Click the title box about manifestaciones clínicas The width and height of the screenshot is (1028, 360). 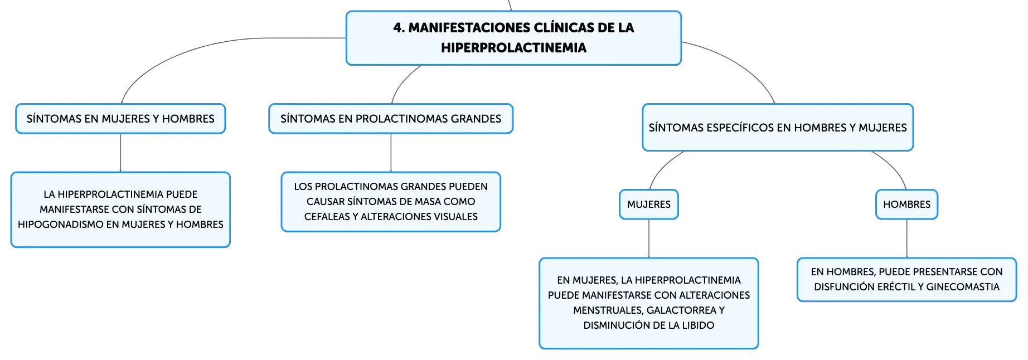[x=513, y=38]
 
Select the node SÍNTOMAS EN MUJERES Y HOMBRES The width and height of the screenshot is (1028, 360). [x=120, y=119]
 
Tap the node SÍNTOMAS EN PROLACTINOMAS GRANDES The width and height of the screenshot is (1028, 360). [x=391, y=119]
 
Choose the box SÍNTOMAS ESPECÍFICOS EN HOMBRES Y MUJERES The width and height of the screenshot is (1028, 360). [x=778, y=128]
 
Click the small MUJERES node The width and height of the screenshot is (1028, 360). [x=649, y=205]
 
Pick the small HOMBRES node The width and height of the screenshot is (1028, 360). [x=907, y=205]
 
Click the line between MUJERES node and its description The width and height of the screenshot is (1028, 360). [x=649, y=239]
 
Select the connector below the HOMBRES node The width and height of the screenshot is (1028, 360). [x=907, y=239]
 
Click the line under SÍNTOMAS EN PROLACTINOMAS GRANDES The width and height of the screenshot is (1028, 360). [x=391, y=153]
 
